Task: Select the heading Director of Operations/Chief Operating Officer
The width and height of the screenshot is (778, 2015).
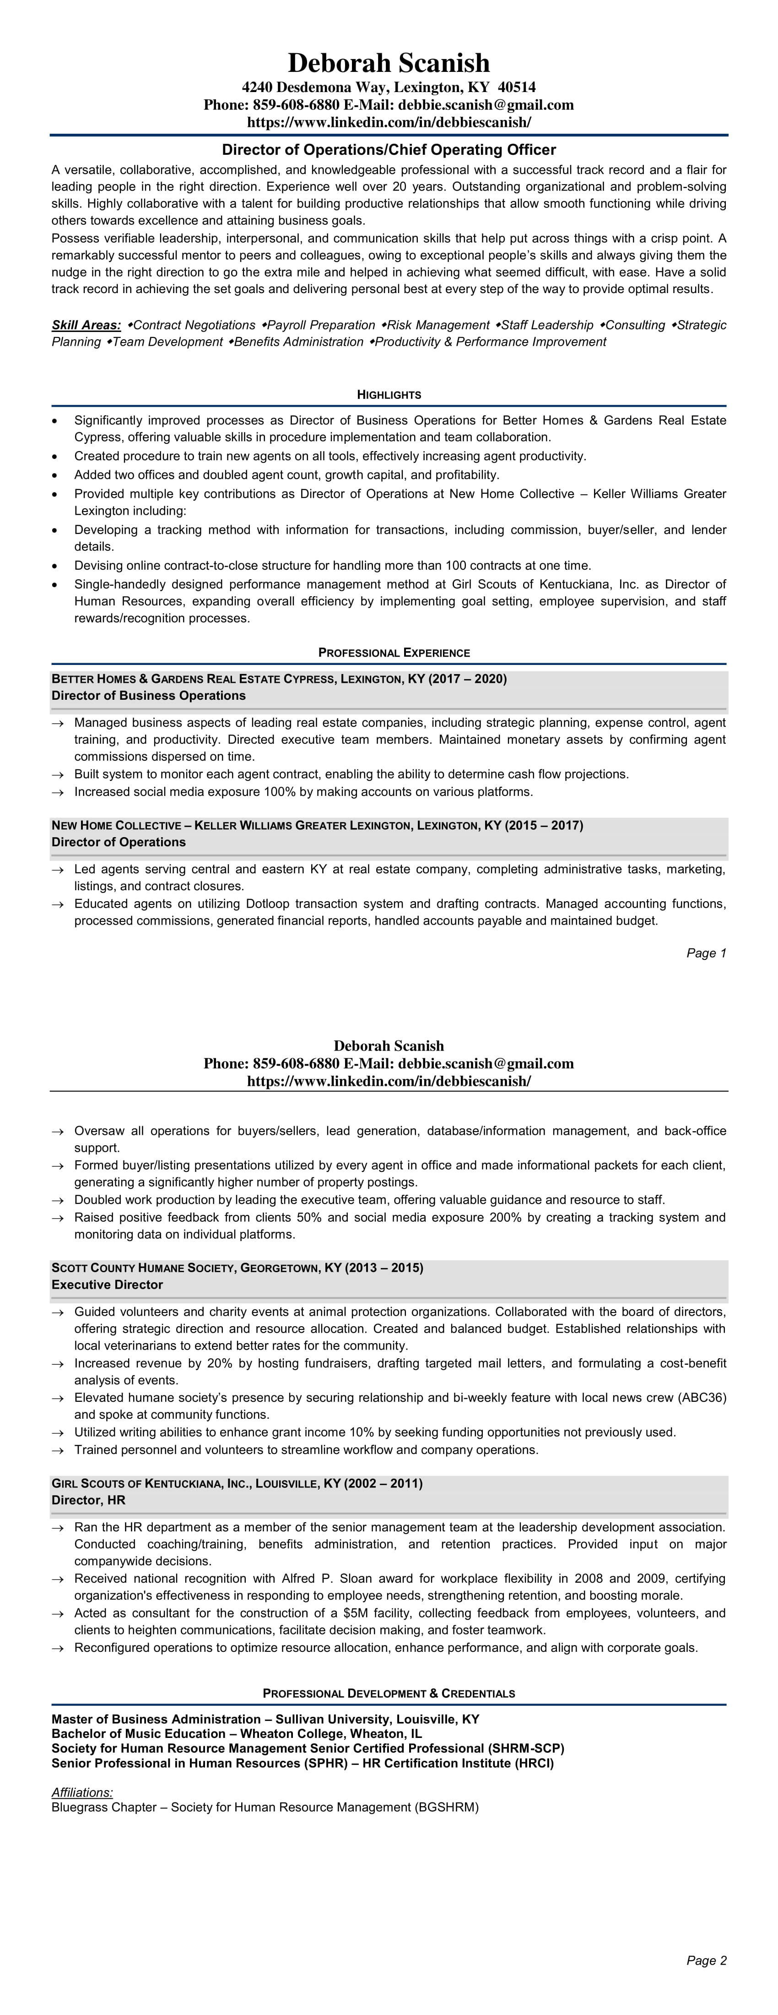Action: pos(389,149)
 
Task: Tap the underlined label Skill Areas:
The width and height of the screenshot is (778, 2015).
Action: pos(86,325)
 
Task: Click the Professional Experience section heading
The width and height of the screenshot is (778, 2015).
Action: pos(394,653)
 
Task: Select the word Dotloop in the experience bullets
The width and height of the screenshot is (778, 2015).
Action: pos(273,904)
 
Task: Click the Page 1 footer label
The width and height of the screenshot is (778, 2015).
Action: pos(706,953)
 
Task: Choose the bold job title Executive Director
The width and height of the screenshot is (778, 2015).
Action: pos(107,1285)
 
